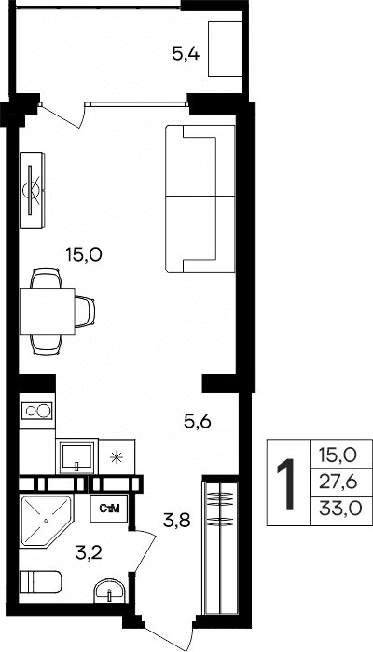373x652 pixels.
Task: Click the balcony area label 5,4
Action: (x=186, y=54)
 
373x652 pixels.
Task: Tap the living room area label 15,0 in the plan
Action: (x=84, y=253)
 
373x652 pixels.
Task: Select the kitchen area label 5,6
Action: (x=198, y=422)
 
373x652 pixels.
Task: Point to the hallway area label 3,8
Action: (x=177, y=520)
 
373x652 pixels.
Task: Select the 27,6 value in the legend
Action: (x=338, y=482)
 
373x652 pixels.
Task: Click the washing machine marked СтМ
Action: (x=110, y=509)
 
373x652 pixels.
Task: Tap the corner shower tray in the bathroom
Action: (x=45, y=520)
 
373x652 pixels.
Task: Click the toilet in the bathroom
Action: (x=40, y=583)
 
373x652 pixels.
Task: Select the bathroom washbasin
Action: (x=109, y=591)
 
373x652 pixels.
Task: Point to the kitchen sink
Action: (x=76, y=456)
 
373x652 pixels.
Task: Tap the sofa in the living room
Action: (x=200, y=198)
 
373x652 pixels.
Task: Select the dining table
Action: (x=47, y=311)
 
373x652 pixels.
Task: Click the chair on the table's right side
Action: (x=85, y=311)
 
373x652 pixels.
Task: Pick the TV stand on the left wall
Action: (x=32, y=190)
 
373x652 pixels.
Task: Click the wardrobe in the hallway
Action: (x=220, y=549)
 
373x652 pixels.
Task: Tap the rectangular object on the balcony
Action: (x=225, y=49)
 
